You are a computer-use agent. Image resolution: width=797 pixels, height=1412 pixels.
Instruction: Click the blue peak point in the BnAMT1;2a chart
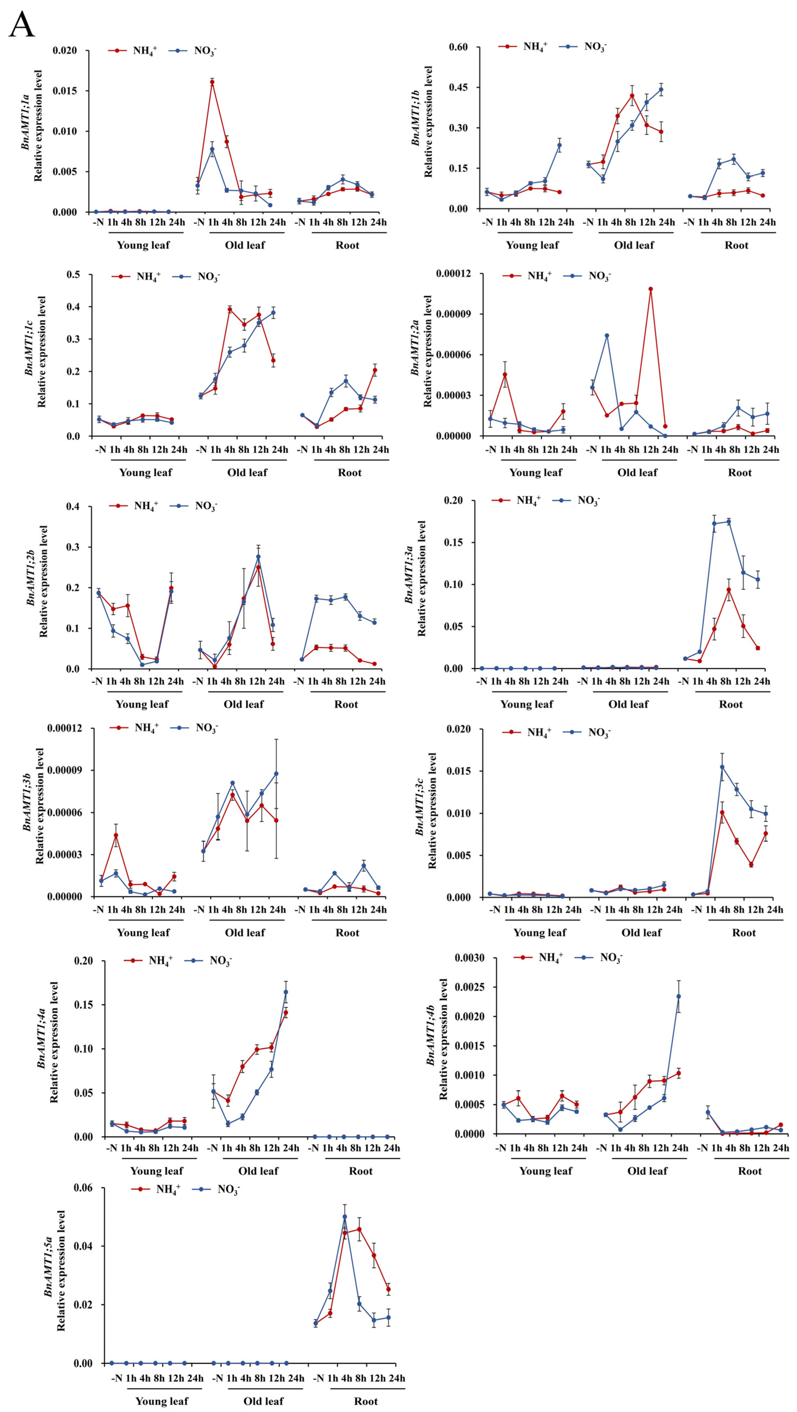(607, 336)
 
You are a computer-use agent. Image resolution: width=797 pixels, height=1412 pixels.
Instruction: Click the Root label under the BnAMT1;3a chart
(731, 704)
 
